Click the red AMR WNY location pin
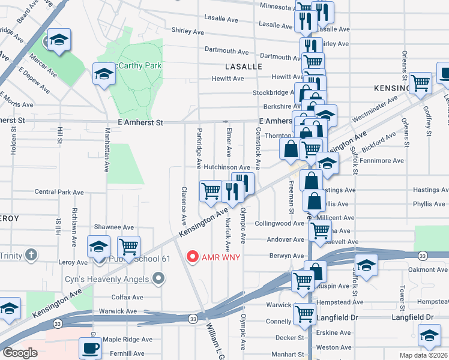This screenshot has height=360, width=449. coord(193,257)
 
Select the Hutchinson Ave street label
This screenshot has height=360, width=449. coord(226,167)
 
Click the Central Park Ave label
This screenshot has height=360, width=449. coord(59,192)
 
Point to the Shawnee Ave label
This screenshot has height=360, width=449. coord(114,227)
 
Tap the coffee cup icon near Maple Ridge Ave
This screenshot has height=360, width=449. coord(91,347)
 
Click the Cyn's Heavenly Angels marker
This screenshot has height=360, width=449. coord(158,277)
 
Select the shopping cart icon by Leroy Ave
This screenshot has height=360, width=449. coord(129,245)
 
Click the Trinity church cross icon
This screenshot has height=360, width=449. coord(31,256)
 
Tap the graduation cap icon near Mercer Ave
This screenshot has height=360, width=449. coord(59,40)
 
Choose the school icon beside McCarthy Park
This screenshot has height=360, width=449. coord(104,74)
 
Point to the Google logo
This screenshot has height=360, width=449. coord(20,353)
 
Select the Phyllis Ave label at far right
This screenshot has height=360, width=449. coord(429,204)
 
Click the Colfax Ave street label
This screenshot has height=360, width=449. coord(127,297)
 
